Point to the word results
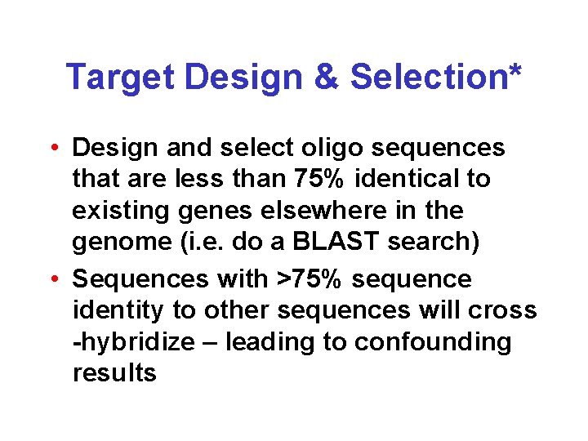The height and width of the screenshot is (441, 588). tap(114, 373)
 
